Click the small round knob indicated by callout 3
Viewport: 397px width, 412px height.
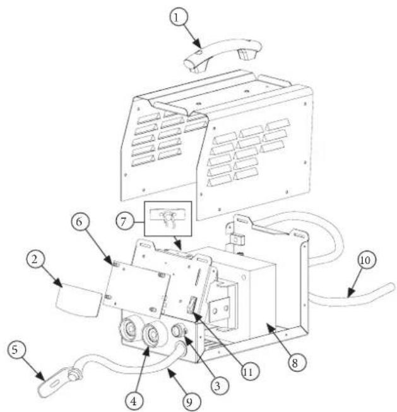tap(179, 330)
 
